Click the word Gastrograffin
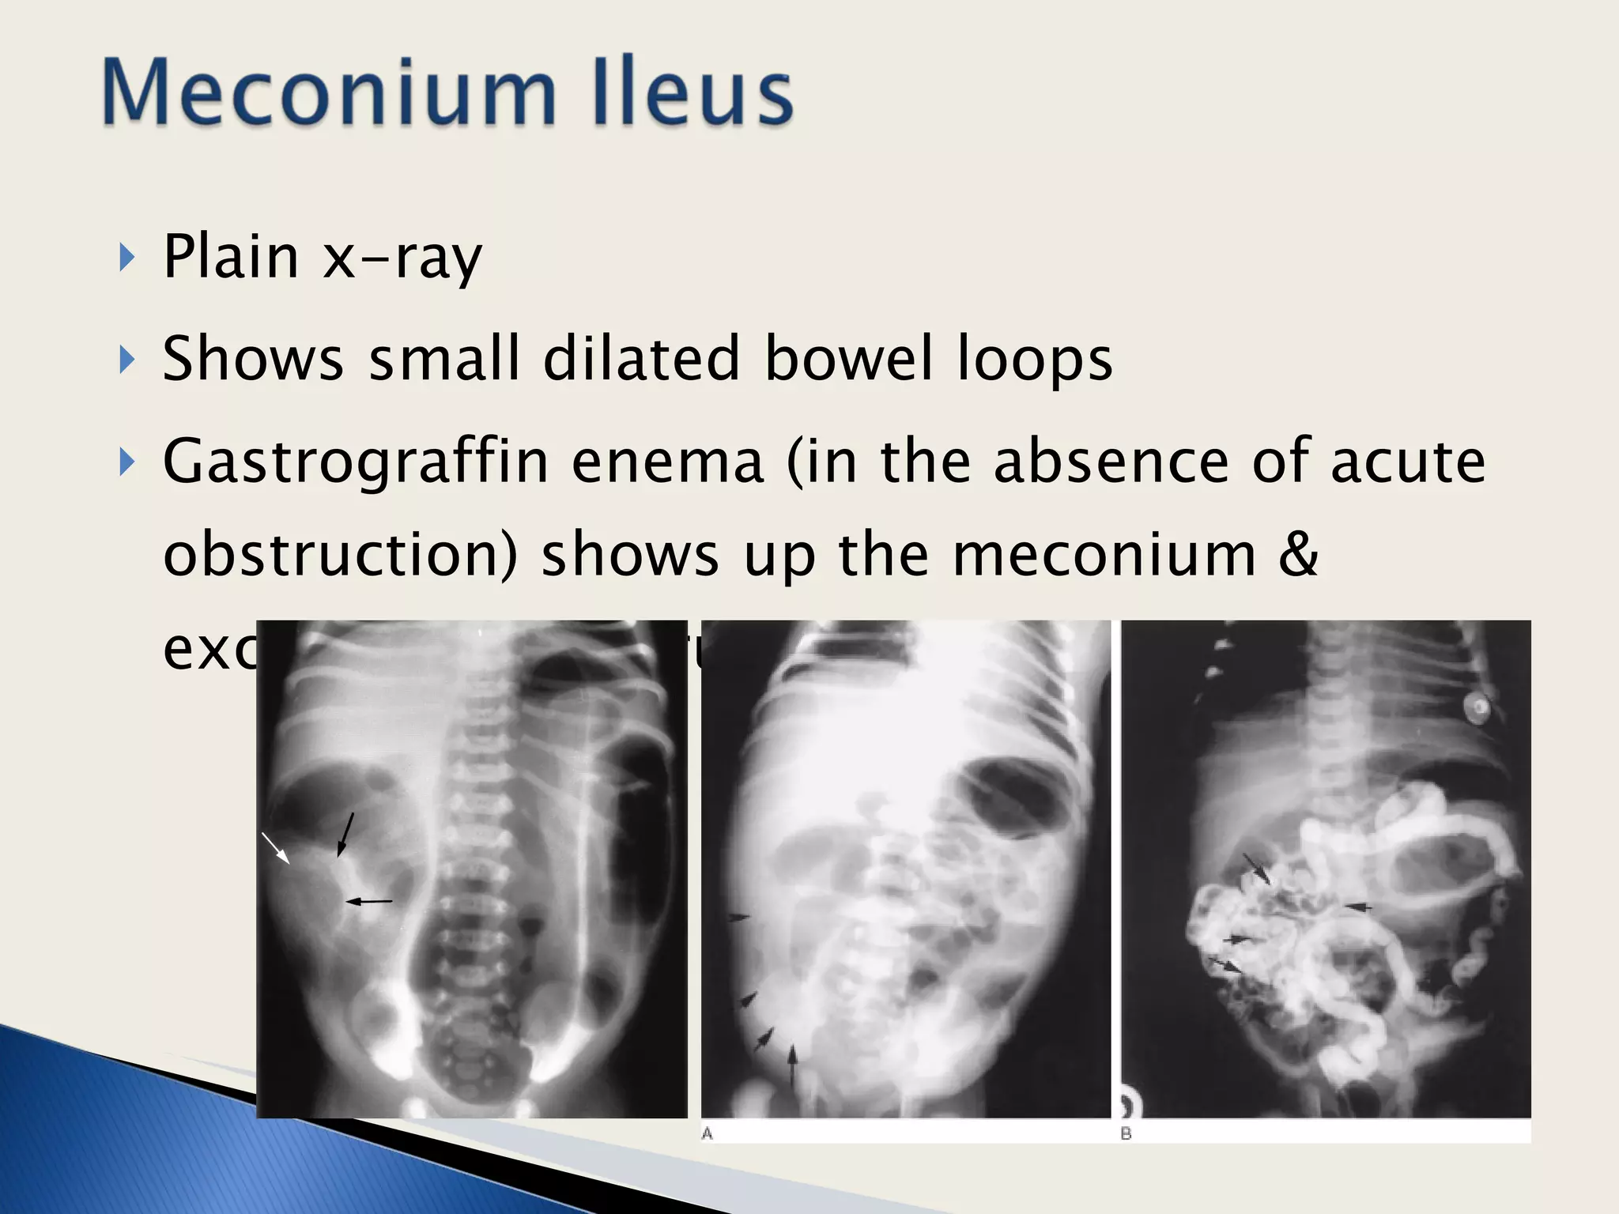(356, 462)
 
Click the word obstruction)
(341, 554)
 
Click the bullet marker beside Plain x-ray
(126, 258)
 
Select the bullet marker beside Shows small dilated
(126, 360)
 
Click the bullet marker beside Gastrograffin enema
(126, 462)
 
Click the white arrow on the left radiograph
(276, 847)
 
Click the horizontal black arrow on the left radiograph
(368, 901)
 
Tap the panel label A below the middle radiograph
(708, 1133)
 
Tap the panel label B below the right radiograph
(1127, 1133)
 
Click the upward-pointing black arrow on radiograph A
(793, 1064)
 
